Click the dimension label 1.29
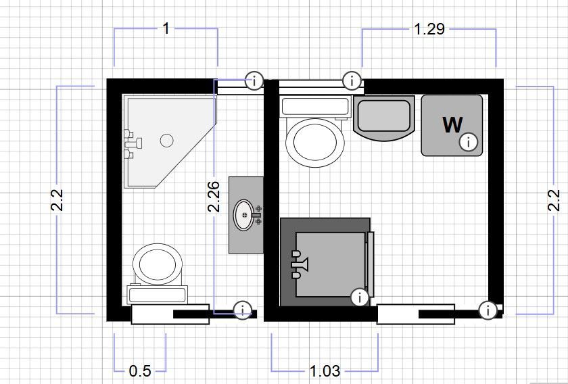pyautogui.click(x=429, y=28)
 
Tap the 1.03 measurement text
pyautogui.click(x=325, y=371)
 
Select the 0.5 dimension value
pyautogui.click(x=140, y=371)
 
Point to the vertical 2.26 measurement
pyautogui.click(x=214, y=196)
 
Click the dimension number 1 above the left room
pyautogui.click(x=166, y=28)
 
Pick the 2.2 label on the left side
pyautogui.click(x=57, y=200)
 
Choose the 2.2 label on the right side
pyautogui.click(x=554, y=200)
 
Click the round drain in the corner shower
pyautogui.click(x=166, y=140)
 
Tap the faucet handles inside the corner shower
pyautogui.click(x=133, y=144)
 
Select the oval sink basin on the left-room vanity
pyautogui.click(x=244, y=215)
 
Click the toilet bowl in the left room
pyautogui.click(x=158, y=264)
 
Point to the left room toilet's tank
pyautogui.click(x=157, y=295)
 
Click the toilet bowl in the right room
pyautogui.click(x=315, y=143)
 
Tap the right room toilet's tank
pyautogui.click(x=315, y=107)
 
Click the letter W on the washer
pyautogui.click(x=452, y=124)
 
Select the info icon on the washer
pyautogui.click(x=469, y=142)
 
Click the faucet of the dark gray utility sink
pyautogui.click(x=300, y=264)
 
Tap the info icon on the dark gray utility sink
pyautogui.click(x=360, y=297)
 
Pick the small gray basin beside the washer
pyautogui.click(x=384, y=118)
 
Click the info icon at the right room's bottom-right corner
pyautogui.click(x=488, y=310)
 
